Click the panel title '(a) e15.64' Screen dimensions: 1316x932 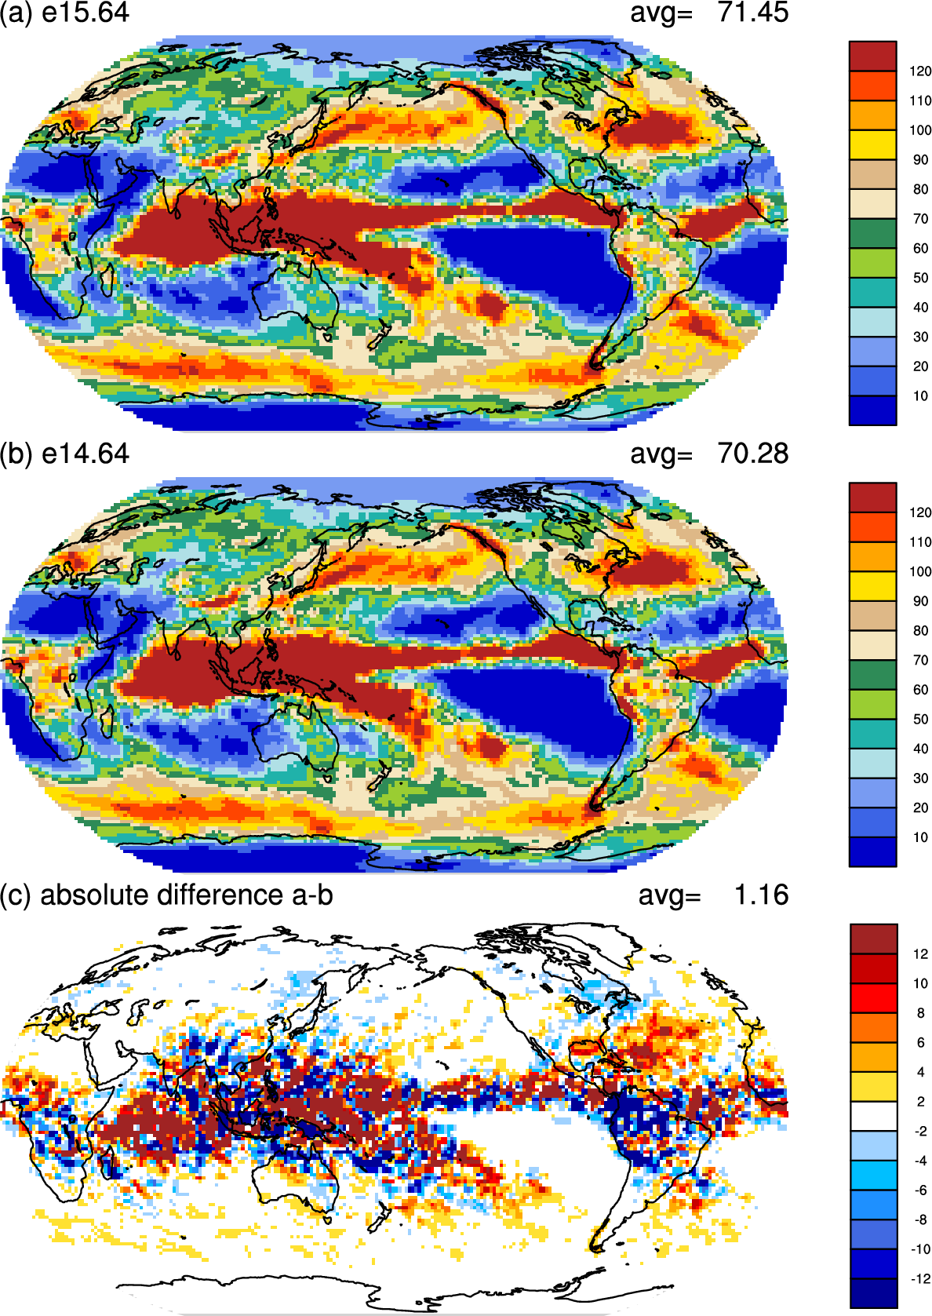tap(64, 13)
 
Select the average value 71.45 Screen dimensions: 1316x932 tap(752, 13)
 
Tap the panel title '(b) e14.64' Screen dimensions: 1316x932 tap(64, 454)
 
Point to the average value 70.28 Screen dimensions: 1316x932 tap(752, 454)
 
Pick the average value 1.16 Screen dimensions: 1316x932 tap(760, 895)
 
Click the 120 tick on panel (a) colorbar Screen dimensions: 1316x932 tap(920, 71)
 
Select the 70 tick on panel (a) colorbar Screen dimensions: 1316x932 tap(920, 219)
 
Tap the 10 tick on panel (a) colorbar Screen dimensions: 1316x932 tap(920, 396)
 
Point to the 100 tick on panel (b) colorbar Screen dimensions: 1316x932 tap(920, 572)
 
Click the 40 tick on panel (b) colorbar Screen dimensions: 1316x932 tap(920, 749)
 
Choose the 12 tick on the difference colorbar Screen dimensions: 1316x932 tap(920, 954)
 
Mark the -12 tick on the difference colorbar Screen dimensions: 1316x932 tap(920, 1279)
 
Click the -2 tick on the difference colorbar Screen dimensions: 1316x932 tap(920, 1132)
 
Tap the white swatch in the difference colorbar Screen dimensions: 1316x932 tap(873, 1117)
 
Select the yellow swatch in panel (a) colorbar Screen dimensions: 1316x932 tap(872, 145)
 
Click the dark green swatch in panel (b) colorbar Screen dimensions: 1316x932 tap(872, 675)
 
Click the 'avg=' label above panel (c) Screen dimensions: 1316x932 tap(669, 895)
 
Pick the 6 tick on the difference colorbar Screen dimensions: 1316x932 tap(920, 1043)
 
